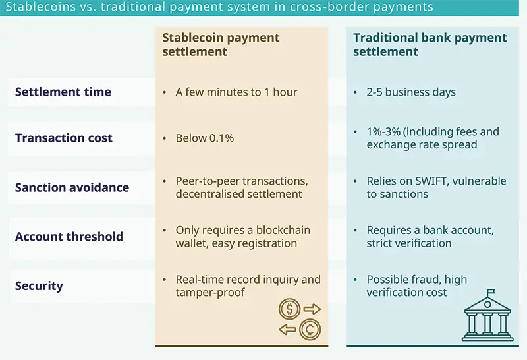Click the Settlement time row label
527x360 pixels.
(x=63, y=92)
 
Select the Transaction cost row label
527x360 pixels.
(x=64, y=138)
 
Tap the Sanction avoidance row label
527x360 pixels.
(x=72, y=188)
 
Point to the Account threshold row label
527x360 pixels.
(x=69, y=237)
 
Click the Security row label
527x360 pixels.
(x=39, y=286)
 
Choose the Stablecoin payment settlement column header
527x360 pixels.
(x=221, y=44)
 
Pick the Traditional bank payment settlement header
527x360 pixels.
(x=430, y=44)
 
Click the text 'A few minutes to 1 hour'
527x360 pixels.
(x=236, y=92)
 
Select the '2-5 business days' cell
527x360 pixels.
(x=411, y=92)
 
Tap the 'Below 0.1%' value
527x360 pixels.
(x=205, y=138)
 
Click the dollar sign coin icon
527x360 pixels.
(x=290, y=309)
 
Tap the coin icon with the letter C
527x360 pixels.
(x=309, y=329)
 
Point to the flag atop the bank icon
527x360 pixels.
(x=490, y=292)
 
